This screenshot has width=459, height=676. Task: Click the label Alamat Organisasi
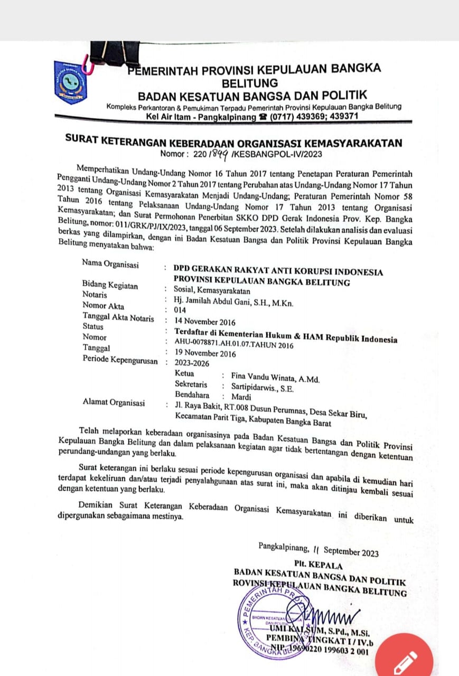pyautogui.click(x=114, y=402)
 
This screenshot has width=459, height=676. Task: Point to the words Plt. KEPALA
pyautogui.click(x=319, y=565)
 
